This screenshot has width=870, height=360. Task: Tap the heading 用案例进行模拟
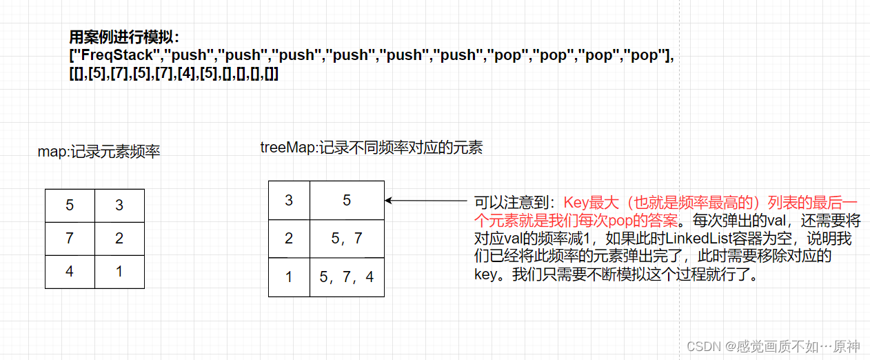[x=124, y=38]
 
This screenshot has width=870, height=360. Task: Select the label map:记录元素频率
[x=99, y=152]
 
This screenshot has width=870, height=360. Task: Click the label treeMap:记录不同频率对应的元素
[x=371, y=147]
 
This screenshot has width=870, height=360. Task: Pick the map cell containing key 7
[x=70, y=239]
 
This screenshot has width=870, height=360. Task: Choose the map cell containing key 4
[x=70, y=272]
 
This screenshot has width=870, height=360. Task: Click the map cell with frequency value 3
[x=119, y=206]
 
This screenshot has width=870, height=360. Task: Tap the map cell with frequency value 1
[x=119, y=272]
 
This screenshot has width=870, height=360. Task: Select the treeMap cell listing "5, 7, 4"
[x=347, y=277]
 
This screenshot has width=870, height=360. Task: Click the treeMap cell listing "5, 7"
[x=347, y=239]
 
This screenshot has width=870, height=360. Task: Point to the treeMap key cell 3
[x=289, y=200]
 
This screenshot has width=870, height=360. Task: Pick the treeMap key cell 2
[x=289, y=239]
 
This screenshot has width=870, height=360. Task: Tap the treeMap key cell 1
[x=289, y=277]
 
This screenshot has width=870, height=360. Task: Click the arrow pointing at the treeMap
[x=425, y=201]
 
